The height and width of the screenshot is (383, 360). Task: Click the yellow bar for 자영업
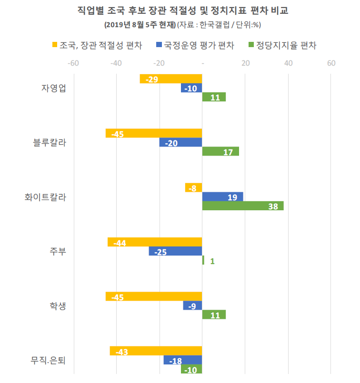171,79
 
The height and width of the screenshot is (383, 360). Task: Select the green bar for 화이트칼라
243,206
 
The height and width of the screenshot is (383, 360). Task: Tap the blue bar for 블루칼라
181,143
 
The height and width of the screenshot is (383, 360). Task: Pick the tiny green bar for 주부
203,260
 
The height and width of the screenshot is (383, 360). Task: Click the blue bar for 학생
193,306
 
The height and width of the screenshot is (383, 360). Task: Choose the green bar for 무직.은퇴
191,369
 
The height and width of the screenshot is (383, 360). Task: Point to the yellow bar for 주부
155,242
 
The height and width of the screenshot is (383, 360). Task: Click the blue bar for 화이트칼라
223,197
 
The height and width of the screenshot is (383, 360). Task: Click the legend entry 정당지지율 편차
286,46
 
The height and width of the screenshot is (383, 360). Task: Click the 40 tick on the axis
288,63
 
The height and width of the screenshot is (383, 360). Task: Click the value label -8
192,188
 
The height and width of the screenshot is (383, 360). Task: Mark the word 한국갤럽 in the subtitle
212,24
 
